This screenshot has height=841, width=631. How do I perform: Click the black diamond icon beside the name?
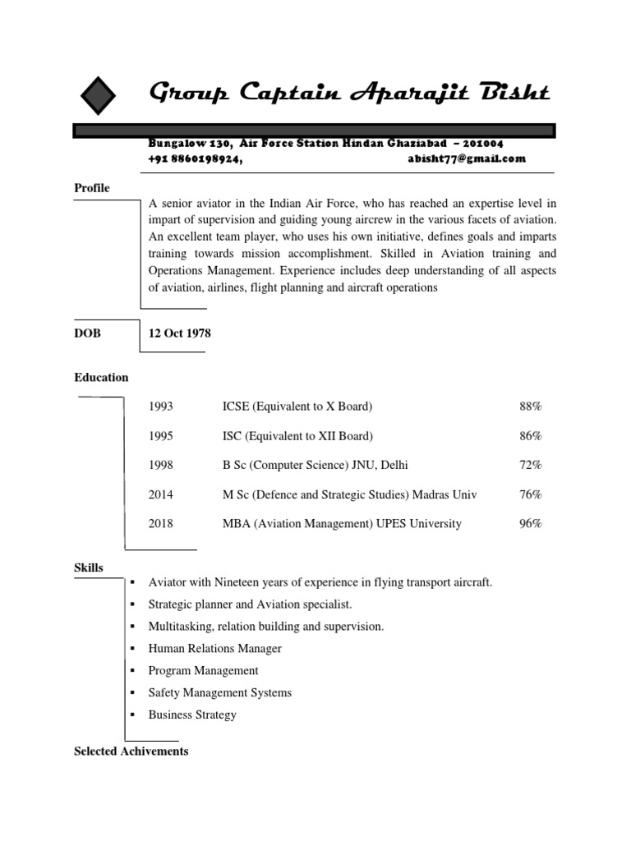pyautogui.click(x=98, y=95)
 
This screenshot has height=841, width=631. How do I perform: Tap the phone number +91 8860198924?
pyautogui.click(x=196, y=159)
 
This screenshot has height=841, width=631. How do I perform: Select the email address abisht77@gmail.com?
pyautogui.click(x=466, y=159)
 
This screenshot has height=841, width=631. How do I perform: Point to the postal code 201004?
pyautogui.click(x=483, y=144)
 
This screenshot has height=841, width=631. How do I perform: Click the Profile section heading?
pyautogui.click(x=92, y=188)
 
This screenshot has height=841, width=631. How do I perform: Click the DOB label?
pyautogui.click(x=87, y=333)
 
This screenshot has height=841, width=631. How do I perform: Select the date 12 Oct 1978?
pyautogui.click(x=179, y=333)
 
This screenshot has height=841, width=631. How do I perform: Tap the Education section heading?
pyautogui.click(x=101, y=378)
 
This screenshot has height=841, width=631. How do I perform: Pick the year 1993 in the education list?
pyautogui.click(x=161, y=407)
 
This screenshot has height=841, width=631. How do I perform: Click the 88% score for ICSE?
pyautogui.click(x=530, y=407)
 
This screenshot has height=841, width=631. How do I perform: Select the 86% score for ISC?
pyautogui.click(x=530, y=436)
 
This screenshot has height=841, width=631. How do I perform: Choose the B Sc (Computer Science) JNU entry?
pyautogui.click(x=315, y=465)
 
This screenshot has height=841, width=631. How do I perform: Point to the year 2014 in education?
pyautogui.click(x=161, y=494)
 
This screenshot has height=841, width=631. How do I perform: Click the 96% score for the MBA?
pyautogui.click(x=530, y=523)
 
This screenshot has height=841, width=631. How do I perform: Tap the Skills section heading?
pyautogui.click(x=89, y=568)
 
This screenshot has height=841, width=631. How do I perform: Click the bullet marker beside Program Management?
pyautogui.click(x=132, y=671)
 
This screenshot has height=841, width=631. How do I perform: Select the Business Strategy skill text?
pyautogui.click(x=192, y=715)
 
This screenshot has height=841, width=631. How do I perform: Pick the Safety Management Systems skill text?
pyautogui.click(x=219, y=692)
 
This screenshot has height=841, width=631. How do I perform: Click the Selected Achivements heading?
pyautogui.click(x=131, y=751)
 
